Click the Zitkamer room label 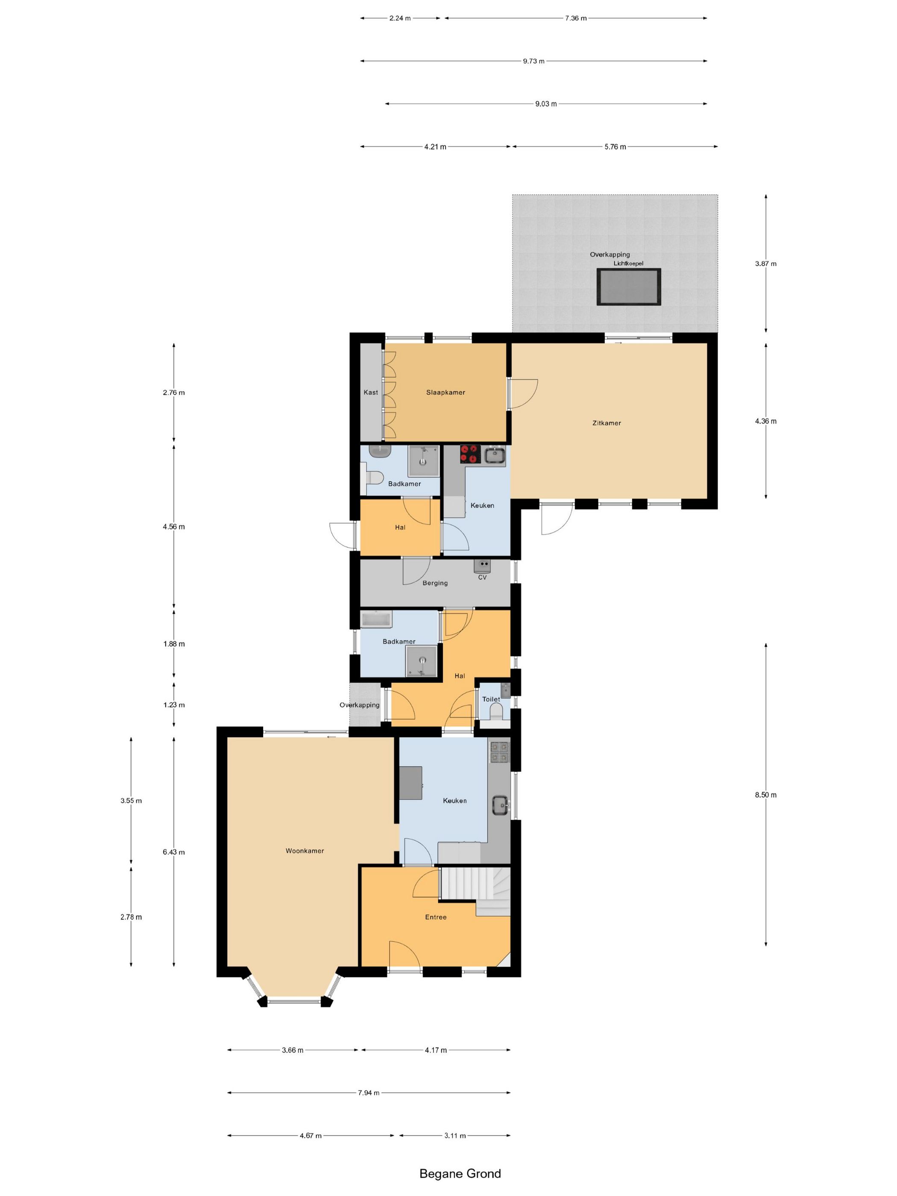pos(606,423)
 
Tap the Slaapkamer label pos(446,393)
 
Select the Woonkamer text pos(305,850)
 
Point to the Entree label pos(436,917)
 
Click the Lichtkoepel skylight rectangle pos(629,287)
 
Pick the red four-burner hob pos(470,454)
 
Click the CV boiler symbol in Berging pos(482,566)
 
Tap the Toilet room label pos(492,699)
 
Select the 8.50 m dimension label pos(765,795)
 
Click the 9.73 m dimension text pos(534,61)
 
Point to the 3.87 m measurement pos(765,264)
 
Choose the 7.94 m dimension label pos(369,1093)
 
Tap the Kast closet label pos(371,393)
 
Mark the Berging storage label pos(435,583)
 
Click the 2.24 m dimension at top pos(400,18)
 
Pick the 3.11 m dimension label pos(455,1135)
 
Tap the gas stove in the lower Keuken pos(499,751)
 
